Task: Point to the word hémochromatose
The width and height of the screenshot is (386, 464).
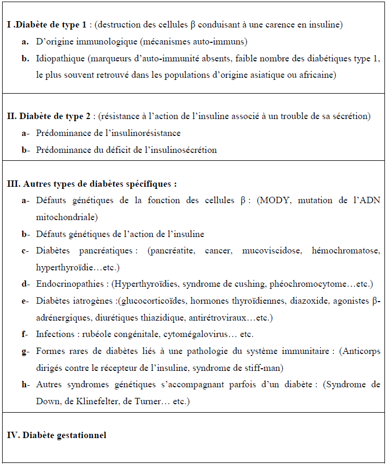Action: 346,250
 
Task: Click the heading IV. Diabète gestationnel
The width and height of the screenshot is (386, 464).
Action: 57,435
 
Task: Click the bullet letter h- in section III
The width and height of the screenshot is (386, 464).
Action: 25,385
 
